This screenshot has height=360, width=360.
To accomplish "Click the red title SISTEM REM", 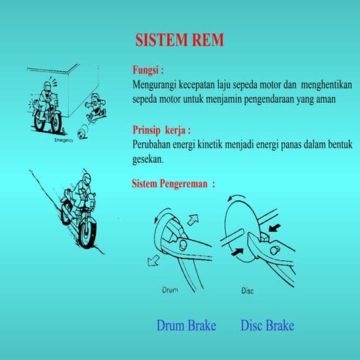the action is (x=179, y=40).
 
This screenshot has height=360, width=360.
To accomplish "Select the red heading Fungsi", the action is (x=148, y=70).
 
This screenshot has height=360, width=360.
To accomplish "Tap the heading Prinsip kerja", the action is (x=161, y=130).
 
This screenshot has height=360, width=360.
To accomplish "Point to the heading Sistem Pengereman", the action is (x=173, y=184).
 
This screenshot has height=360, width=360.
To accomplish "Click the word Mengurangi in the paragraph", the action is (x=154, y=85).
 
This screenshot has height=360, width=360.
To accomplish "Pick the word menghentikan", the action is (x=326, y=85).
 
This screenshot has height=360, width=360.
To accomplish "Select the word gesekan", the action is (x=148, y=160).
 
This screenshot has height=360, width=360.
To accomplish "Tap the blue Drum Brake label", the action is (x=186, y=325).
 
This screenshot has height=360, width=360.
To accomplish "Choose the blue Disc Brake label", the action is (x=267, y=325).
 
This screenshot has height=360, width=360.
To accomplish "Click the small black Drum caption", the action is (x=170, y=290).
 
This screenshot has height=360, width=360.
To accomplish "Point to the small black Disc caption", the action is (x=247, y=291).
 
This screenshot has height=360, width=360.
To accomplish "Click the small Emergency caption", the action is (x=64, y=140).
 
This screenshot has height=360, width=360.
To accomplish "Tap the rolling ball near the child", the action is (x=82, y=133).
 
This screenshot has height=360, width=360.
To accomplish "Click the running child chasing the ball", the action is (x=96, y=107).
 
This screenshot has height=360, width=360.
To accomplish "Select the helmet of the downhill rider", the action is (x=86, y=179).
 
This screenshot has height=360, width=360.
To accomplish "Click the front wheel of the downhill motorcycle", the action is (x=87, y=233).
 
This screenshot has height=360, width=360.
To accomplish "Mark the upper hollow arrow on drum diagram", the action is (x=193, y=220).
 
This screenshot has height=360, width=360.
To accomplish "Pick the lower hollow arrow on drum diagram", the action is (x=153, y=261).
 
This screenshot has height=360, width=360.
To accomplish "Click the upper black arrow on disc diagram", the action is (x=274, y=228).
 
